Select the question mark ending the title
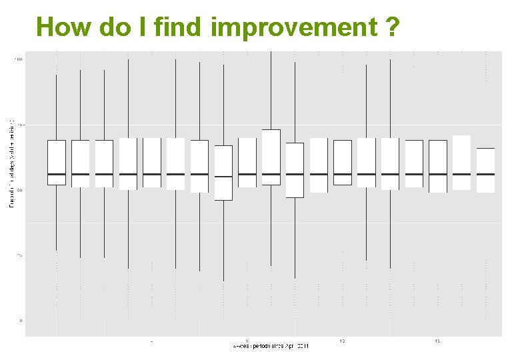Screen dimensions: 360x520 (x=393, y=27)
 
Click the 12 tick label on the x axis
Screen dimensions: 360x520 (x=342, y=341)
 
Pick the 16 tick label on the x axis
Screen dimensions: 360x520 (x=437, y=341)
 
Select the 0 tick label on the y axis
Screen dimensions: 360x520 (x=21, y=321)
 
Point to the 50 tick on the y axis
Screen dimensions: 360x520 (x=19, y=191)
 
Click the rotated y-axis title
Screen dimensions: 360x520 (x=11, y=163)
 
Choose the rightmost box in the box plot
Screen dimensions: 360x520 (x=485, y=170)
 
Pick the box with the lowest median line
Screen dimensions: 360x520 (x=223, y=173)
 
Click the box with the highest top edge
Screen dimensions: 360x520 (x=271, y=157)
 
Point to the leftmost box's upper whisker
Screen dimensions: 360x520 (x=57, y=107)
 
